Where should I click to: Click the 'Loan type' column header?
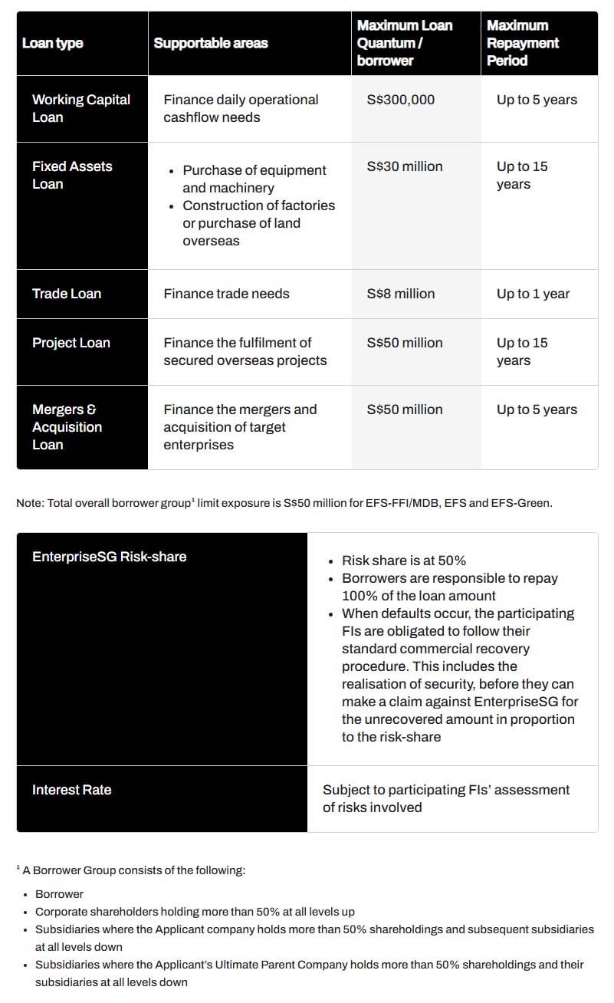coord(52,43)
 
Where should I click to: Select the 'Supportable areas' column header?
coord(211,43)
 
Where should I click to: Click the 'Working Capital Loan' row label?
coord(80,108)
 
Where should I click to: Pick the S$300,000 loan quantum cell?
coord(400,100)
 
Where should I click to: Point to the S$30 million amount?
coord(404,166)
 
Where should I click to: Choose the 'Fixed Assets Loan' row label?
coord(72,175)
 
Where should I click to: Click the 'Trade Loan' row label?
coord(67,294)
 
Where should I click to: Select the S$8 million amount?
coord(400,294)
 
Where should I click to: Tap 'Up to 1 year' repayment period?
coord(533,294)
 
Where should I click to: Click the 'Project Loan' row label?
coord(71,343)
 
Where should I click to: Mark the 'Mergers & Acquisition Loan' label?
coord(67,427)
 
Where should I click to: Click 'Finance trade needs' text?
coord(226,294)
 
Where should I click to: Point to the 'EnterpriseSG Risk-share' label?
coord(109,557)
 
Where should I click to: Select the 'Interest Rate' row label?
coord(71,790)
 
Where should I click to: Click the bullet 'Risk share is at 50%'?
coord(403,561)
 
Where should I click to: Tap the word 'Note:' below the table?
coord(30,503)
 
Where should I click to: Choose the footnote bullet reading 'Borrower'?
coord(59,894)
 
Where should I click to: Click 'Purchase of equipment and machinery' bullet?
coord(254,179)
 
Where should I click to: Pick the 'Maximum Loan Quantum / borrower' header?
coord(404,43)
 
